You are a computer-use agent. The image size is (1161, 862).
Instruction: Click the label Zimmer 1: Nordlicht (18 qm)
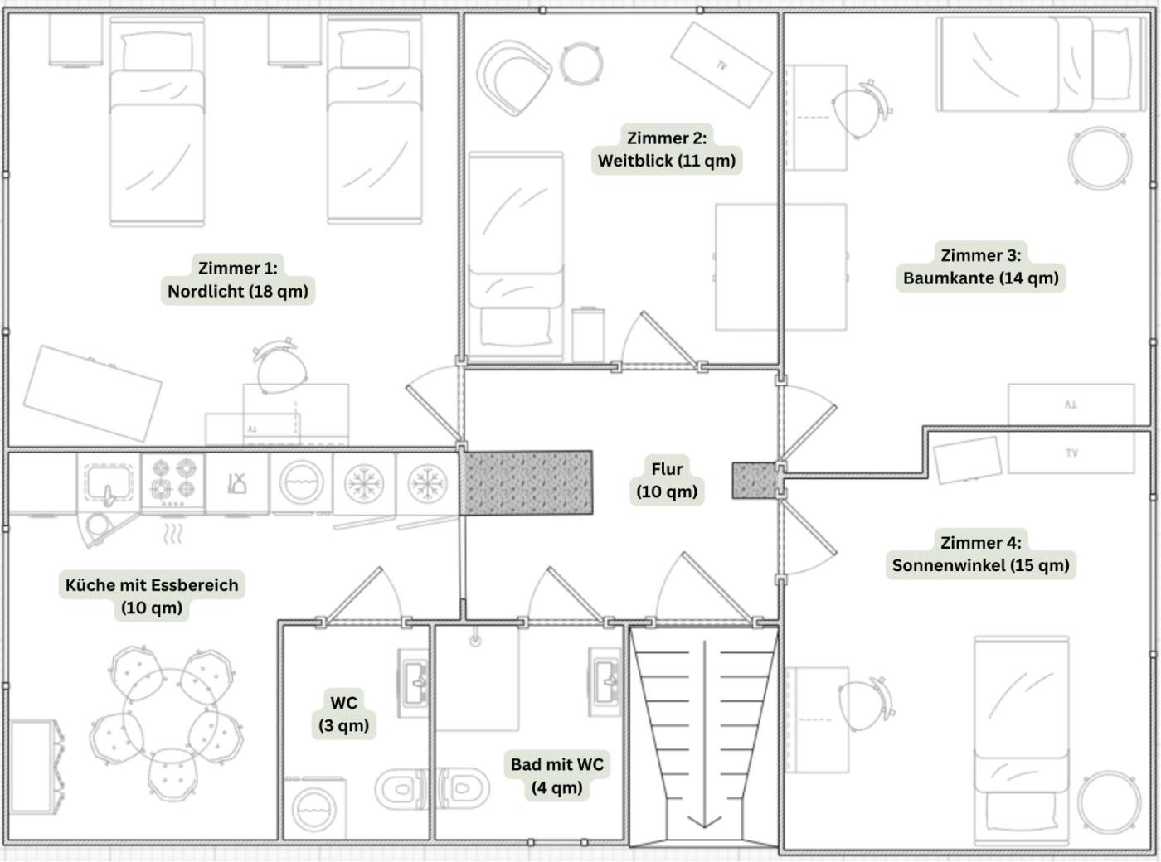[x=238, y=279]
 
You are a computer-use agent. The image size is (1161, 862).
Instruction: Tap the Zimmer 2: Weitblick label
[x=667, y=149]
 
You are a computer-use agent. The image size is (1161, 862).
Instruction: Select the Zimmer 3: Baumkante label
[x=980, y=266]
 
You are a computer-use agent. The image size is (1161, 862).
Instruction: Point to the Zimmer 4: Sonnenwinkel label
[x=980, y=554]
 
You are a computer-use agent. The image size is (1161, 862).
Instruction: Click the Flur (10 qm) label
[x=667, y=480]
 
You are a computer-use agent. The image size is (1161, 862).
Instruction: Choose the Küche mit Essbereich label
[x=151, y=596]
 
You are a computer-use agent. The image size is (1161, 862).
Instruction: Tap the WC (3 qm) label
[x=344, y=714]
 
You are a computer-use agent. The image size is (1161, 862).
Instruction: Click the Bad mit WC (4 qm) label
[x=557, y=776]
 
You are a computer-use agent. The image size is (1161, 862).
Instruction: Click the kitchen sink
[x=109, y=484]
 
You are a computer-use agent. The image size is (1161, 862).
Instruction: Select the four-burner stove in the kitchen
[x=172, y=482]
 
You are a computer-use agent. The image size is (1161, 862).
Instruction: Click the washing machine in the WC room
[x=314, y=809]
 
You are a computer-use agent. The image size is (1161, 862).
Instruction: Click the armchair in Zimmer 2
[x=513, y=77]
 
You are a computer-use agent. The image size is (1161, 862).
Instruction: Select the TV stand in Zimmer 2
[x=721, y=65]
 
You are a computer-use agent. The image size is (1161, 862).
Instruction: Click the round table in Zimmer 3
[x=1100, y=157]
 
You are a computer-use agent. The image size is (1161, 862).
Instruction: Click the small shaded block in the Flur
[x=755, y=481]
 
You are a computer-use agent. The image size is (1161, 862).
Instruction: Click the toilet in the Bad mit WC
[x=463, y=788]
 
